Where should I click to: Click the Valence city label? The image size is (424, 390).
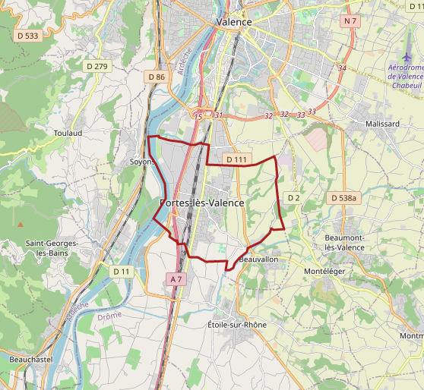tap(233, 22)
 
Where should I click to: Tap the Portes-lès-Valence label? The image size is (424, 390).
tap(202, 203)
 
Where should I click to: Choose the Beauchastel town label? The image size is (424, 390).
tap(30, 359)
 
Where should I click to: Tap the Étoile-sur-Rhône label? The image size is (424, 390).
tap(237, 325)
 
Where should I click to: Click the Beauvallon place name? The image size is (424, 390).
tap(258, 259)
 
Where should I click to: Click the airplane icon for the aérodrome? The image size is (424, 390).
tap(407, 59)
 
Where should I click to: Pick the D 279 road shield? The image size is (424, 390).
tap(97, 67)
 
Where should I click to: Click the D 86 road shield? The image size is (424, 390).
tap(157, 77)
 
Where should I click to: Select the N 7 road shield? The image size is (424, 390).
tap(350, 21)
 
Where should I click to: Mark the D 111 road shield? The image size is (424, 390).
tap(236, 159)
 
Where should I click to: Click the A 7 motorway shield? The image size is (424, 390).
tap(176, 279)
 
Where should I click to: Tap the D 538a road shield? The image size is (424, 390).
tap(343, 197)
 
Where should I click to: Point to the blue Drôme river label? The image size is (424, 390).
tap(109, 316)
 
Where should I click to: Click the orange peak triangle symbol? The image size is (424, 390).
tap(21, 225)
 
